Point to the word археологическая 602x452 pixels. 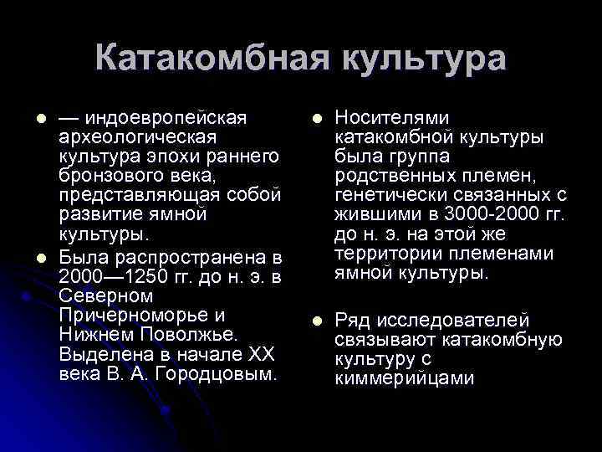[139, 136]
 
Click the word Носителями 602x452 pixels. [391, 118]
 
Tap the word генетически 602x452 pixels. [387, 195]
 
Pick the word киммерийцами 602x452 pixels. [404, 378]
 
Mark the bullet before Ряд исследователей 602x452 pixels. [315, 321]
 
